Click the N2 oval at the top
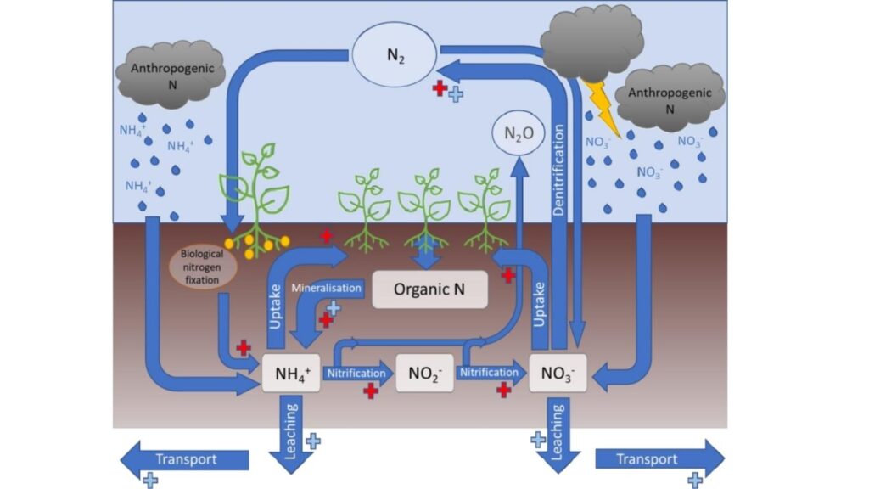[x=395, y=56]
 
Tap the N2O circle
[x=519, y=133]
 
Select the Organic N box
[x=429, y=289]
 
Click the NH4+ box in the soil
[x=291, y=374]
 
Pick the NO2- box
[x=423, y=374]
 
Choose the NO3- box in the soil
[x=557, y=374]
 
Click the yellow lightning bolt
[x=602, y=106]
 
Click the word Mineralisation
[x=327, y=288]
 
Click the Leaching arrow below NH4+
[x=291, y=433]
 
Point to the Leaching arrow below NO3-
[x=558, y=433]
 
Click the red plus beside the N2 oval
[x=440, y=87]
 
